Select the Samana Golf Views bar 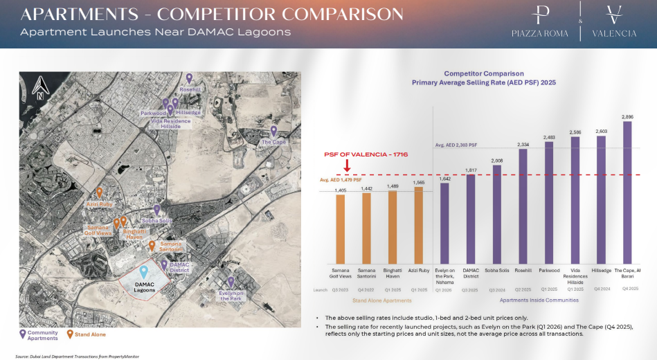click(x=340, y=228)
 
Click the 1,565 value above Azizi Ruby click(x=418, y=182)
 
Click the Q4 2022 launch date click(x=366, y=290)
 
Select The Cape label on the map click(x=273, y=142)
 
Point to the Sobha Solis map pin click(x=156, y=209)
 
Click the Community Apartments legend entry click(x=42, y=335)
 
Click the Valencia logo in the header click(x=614, y=23)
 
